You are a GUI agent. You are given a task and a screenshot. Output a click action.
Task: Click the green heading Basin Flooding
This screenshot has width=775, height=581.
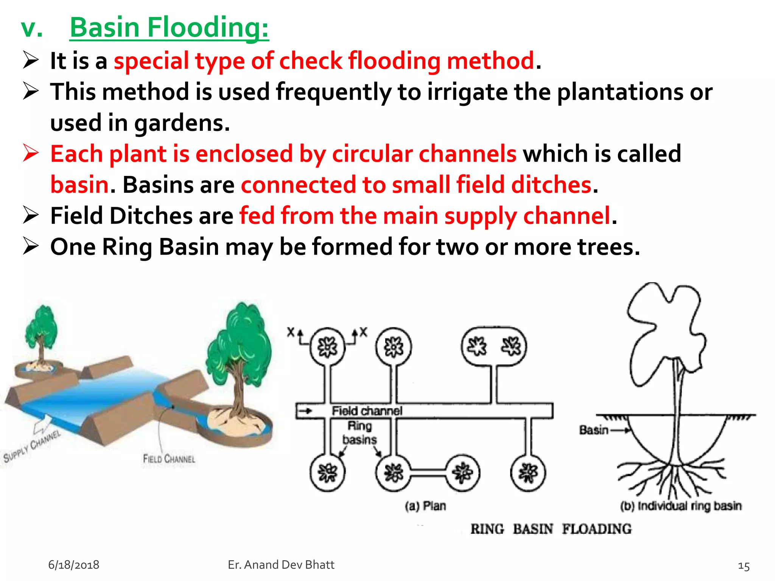pos(169,28)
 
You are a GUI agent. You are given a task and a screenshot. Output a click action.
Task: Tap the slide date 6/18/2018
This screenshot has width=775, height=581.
pos(73,565)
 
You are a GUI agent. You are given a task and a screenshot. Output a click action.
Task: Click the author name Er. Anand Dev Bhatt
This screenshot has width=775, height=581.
pos(281,565)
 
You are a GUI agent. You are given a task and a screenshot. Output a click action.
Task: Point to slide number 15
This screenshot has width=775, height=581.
pos(744,566)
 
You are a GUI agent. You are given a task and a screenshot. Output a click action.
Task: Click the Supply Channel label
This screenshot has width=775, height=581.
pos(32,446)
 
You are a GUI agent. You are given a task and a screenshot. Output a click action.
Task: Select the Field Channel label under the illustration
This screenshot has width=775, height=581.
pos(169,459)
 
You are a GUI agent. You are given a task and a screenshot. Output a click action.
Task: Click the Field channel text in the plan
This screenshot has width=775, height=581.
pos(367,411)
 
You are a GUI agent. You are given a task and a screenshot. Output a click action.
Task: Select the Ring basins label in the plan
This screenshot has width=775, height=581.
pos(359,433)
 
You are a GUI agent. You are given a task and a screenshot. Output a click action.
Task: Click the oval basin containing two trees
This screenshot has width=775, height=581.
pos(494,346)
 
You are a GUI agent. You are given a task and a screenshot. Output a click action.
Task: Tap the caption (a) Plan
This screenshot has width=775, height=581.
pos(425,506)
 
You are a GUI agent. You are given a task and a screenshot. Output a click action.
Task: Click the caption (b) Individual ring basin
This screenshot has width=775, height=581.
pos(681,506)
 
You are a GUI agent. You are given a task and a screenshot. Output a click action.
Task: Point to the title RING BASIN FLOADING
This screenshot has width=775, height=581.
pos(551,529)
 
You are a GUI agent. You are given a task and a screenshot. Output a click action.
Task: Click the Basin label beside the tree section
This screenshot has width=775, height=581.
pos(593,430)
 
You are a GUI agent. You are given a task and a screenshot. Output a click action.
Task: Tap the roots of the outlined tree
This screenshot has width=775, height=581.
pos(672,477)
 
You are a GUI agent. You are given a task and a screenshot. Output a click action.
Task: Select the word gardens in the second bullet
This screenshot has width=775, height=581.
pos(182,123)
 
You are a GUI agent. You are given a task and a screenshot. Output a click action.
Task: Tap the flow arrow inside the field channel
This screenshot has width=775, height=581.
pos(306,411)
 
